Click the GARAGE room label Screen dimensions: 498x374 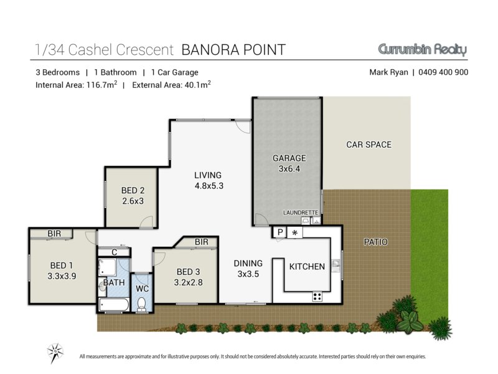tap(289, 158)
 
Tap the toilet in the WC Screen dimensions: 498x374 tap(142, 304)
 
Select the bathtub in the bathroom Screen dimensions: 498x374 tap(114, 305)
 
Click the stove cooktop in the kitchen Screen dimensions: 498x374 tap(317, 297)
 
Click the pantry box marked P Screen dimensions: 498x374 tap(280, 232)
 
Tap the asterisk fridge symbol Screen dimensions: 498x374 tap(294, 233)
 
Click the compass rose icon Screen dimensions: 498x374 tap(55, 353)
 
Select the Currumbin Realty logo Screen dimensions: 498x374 tap(423, 50)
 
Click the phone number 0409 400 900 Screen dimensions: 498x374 tap(443, 72)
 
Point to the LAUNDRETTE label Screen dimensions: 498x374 tap(301, 213)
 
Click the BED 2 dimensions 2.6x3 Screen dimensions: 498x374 tap(133, 201)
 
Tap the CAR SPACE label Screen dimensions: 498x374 tap(369, 145)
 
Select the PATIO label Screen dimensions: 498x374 tap(375, 242)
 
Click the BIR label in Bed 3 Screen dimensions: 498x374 tap(201, 242)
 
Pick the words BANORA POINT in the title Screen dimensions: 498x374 tap(233, 50)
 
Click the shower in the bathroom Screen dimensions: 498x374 tap(107, 267)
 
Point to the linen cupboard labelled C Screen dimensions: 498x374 tap(114, 252)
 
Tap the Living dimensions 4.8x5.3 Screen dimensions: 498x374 tap(209, 186)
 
